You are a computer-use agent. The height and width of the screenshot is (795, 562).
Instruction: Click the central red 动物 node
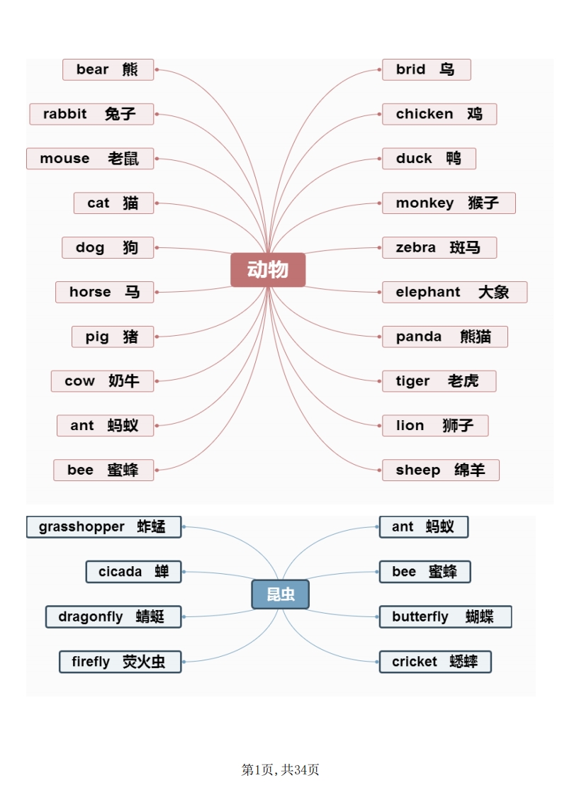[x=268, y=270]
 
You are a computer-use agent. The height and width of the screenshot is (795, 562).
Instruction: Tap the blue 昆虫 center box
[x=280, y=594]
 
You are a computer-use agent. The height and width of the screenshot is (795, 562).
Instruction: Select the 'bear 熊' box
[x=108, y=69]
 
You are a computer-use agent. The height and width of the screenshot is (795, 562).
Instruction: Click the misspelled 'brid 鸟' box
[x=426, y=69]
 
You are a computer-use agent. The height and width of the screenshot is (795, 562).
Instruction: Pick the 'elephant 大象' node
[x=454, y=292]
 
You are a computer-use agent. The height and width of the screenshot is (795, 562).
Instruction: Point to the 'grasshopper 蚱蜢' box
[x=103, y=526]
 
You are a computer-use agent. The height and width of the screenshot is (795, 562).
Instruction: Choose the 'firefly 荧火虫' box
[x=120, y=662]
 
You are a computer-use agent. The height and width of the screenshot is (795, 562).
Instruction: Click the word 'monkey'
[x=425, y=203]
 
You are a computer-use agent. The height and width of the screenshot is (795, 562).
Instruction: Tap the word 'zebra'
[x=416, y=247]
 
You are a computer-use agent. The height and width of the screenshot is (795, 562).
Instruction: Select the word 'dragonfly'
[x=91, y=617]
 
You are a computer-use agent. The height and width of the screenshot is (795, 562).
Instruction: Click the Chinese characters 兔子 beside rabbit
[x=120, y=114]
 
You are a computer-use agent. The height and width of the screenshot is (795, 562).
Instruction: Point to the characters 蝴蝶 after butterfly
[x=480, y=616]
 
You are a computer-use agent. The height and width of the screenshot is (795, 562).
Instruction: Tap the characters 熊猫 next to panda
[x=476, y=337]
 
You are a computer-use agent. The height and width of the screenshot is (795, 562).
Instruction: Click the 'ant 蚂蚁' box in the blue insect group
[x=424, y=526]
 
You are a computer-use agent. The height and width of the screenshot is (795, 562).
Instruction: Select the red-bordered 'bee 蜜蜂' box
[x=103, y=470]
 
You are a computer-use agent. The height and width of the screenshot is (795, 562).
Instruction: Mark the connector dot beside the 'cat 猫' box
[x=157, y=203]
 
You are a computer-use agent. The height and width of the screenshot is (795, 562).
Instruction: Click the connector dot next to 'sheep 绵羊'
[x=379, y=470]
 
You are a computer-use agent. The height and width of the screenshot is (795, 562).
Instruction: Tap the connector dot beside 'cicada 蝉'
[x=184, y=572]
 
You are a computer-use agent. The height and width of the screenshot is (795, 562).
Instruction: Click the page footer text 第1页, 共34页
[x=281, y=769]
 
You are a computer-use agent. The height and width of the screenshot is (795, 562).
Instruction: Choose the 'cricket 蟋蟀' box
[x=435, y=662]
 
